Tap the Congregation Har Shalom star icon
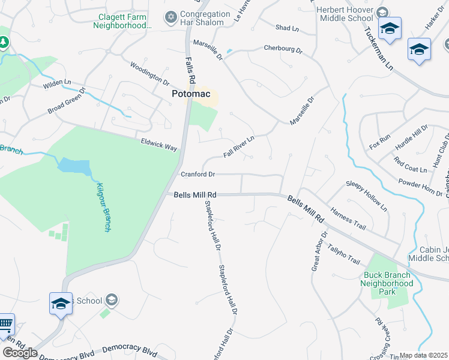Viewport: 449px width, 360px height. tap(171, 15)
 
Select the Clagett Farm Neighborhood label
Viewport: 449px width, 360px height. tap(120, 20)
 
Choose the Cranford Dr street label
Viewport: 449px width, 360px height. tap(197, 175)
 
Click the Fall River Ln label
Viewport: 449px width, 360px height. tap(239, 146)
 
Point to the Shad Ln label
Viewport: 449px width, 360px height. tap(286, 28)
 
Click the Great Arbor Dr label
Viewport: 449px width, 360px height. tap(319, 251)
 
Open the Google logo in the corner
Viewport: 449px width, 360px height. tap(20, 353)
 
